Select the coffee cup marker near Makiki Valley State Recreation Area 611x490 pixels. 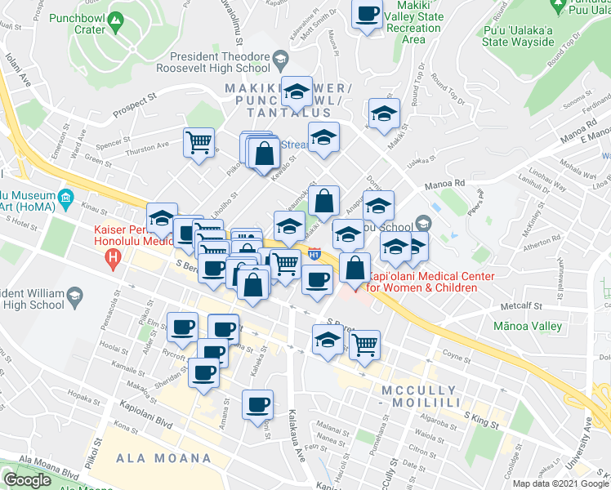368,14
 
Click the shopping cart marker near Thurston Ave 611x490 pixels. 198,144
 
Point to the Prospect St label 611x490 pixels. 135,99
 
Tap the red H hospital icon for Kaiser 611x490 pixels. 114,261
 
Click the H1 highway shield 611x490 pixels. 315,254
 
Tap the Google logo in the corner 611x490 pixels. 27,480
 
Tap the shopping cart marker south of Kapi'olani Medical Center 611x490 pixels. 364,343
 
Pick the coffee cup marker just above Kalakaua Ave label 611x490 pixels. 258,404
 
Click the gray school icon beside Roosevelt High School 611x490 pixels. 280,59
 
